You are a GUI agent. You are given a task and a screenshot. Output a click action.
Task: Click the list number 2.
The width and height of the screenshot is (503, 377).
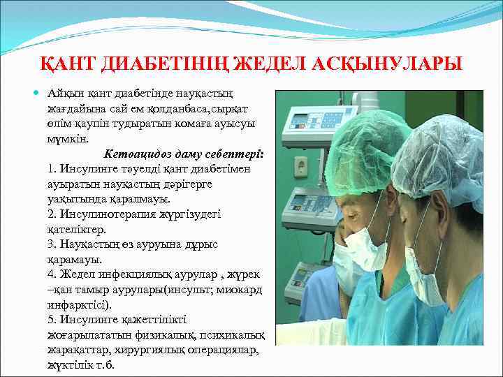(52, 214)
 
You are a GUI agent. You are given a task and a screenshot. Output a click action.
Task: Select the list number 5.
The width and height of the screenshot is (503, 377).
(52, 320)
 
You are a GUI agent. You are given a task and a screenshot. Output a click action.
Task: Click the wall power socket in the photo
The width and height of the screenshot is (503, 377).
(301, 166)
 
